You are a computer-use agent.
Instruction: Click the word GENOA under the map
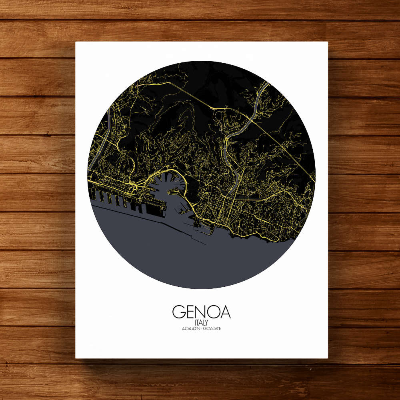pos(201,312)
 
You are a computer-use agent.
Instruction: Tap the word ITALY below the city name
pos(201,322)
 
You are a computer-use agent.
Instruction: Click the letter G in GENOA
pos(178,312)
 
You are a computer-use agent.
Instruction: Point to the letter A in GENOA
pos(225,312)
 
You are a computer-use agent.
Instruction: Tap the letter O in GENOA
pos(213,312)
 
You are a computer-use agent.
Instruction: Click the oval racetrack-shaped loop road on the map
pos(219,116)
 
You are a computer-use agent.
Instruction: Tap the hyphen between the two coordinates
pos(201,329)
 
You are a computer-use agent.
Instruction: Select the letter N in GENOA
pos(201,312)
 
